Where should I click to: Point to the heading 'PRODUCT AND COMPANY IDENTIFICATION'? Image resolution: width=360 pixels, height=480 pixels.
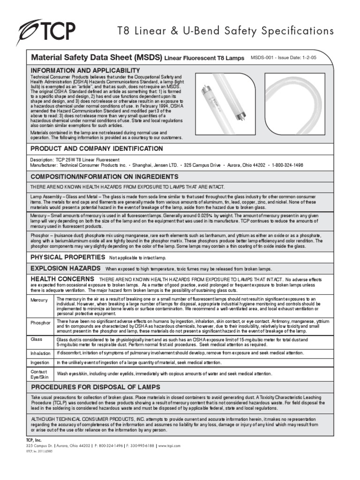97,149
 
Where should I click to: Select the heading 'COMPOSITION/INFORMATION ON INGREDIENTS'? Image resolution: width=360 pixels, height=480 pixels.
104,177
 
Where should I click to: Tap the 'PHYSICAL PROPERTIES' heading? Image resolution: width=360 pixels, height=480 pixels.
67,257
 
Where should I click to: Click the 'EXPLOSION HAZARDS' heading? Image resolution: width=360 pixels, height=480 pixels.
65,268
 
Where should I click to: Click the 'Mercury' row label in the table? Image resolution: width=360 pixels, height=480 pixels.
39,300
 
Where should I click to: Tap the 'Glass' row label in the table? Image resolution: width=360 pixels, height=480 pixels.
37,338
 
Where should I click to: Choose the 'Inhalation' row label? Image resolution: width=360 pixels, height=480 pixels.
40,353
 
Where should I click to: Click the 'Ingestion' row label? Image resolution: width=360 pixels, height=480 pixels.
40,363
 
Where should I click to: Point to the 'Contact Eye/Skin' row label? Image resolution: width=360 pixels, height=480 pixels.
40,374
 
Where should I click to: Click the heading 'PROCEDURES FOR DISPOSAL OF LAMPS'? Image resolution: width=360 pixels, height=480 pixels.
95,387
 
